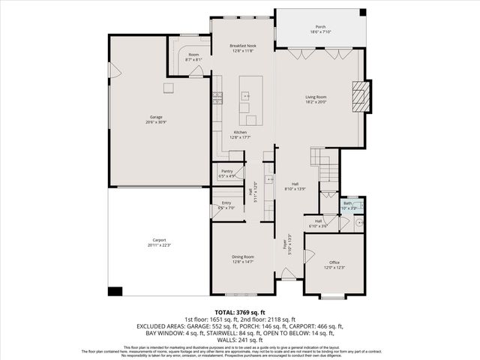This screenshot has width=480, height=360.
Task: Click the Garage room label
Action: pos(156,117)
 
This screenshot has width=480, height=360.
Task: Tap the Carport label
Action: pos(156,241)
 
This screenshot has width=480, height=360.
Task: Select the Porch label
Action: pos(319,28)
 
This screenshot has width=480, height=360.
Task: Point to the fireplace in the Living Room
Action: pos(361,96)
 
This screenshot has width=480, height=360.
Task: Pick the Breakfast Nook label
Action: pos(241,46)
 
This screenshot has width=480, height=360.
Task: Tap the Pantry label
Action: pos(226,171)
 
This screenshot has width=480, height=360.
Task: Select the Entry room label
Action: pos(226,202)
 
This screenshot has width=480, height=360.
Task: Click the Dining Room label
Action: pos(243,256)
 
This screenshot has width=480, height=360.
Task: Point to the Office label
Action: pos(334,262)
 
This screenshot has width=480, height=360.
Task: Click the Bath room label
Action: pos(347,203)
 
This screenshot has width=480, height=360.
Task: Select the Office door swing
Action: pos(309,256)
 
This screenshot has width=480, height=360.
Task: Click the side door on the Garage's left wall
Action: pos(115,70)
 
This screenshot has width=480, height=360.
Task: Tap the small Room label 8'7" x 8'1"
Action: pos(193,55)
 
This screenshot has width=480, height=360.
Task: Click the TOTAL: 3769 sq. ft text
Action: pos(240,312)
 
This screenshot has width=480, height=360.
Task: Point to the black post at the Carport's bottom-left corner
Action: pos(115,291)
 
